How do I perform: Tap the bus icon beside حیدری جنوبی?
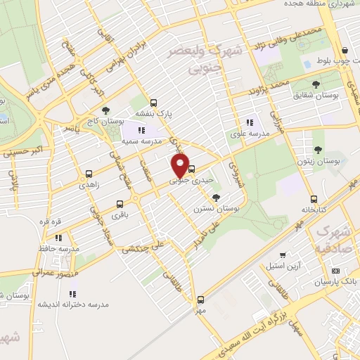[193, 169]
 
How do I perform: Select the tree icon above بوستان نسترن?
[216, 198]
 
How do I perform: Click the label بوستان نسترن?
[217, 209]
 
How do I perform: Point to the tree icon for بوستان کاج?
[105, 110]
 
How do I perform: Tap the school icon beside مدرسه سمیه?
[141, 130]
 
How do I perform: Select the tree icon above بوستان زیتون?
[319, 149]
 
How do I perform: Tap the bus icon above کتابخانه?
[314, 198]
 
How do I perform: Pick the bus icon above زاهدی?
[89, 174]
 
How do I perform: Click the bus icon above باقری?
[118, 205]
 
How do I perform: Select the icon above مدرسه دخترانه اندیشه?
[73, 293]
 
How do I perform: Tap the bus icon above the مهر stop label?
[201, 299]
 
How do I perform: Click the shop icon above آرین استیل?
[282, 255]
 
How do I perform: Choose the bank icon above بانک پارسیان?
[336, 270]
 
